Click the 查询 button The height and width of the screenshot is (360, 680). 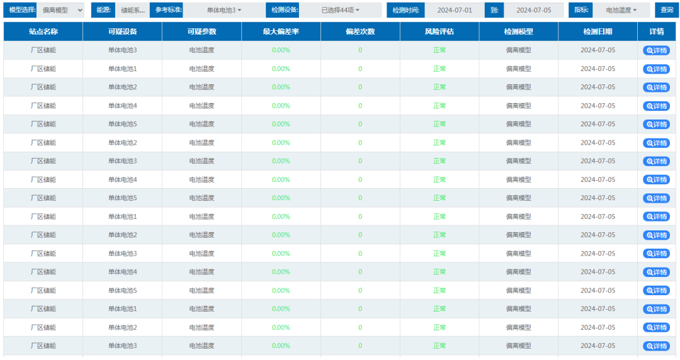(x=667, y=10)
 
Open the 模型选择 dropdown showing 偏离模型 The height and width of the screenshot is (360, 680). (x=60, y=10)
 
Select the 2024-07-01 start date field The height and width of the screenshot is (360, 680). (x=455, y=10)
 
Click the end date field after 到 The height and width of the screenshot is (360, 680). (x=533, y=10)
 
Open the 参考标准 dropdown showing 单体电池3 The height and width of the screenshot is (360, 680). (x=224, y=10)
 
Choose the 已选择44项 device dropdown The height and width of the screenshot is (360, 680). (x=341, y=10)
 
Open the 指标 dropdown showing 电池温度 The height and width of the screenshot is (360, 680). (x=621, y=10)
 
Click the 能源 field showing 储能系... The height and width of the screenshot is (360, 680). (x=133, y=10)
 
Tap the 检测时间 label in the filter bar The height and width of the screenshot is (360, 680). (x=406, y=10)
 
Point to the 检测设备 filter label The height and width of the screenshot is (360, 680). (x=283, y=10)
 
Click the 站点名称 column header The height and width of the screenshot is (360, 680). (x=43, y=31)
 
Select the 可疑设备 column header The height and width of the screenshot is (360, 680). (x=123, y=31)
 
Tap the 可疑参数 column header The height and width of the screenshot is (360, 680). (x=201, y=31)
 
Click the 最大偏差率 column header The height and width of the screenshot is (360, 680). (x=281, y=31)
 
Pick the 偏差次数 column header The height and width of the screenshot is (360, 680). (x=360, y=31)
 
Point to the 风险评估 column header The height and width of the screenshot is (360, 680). (x=439, y=31)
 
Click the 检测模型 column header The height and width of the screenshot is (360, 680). (x=519, y=31)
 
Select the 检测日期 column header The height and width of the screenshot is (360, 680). (x=598, y=31)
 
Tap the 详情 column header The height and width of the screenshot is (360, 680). (x=657, y=31)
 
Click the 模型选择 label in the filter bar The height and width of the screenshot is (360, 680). (x=20, y=10)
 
